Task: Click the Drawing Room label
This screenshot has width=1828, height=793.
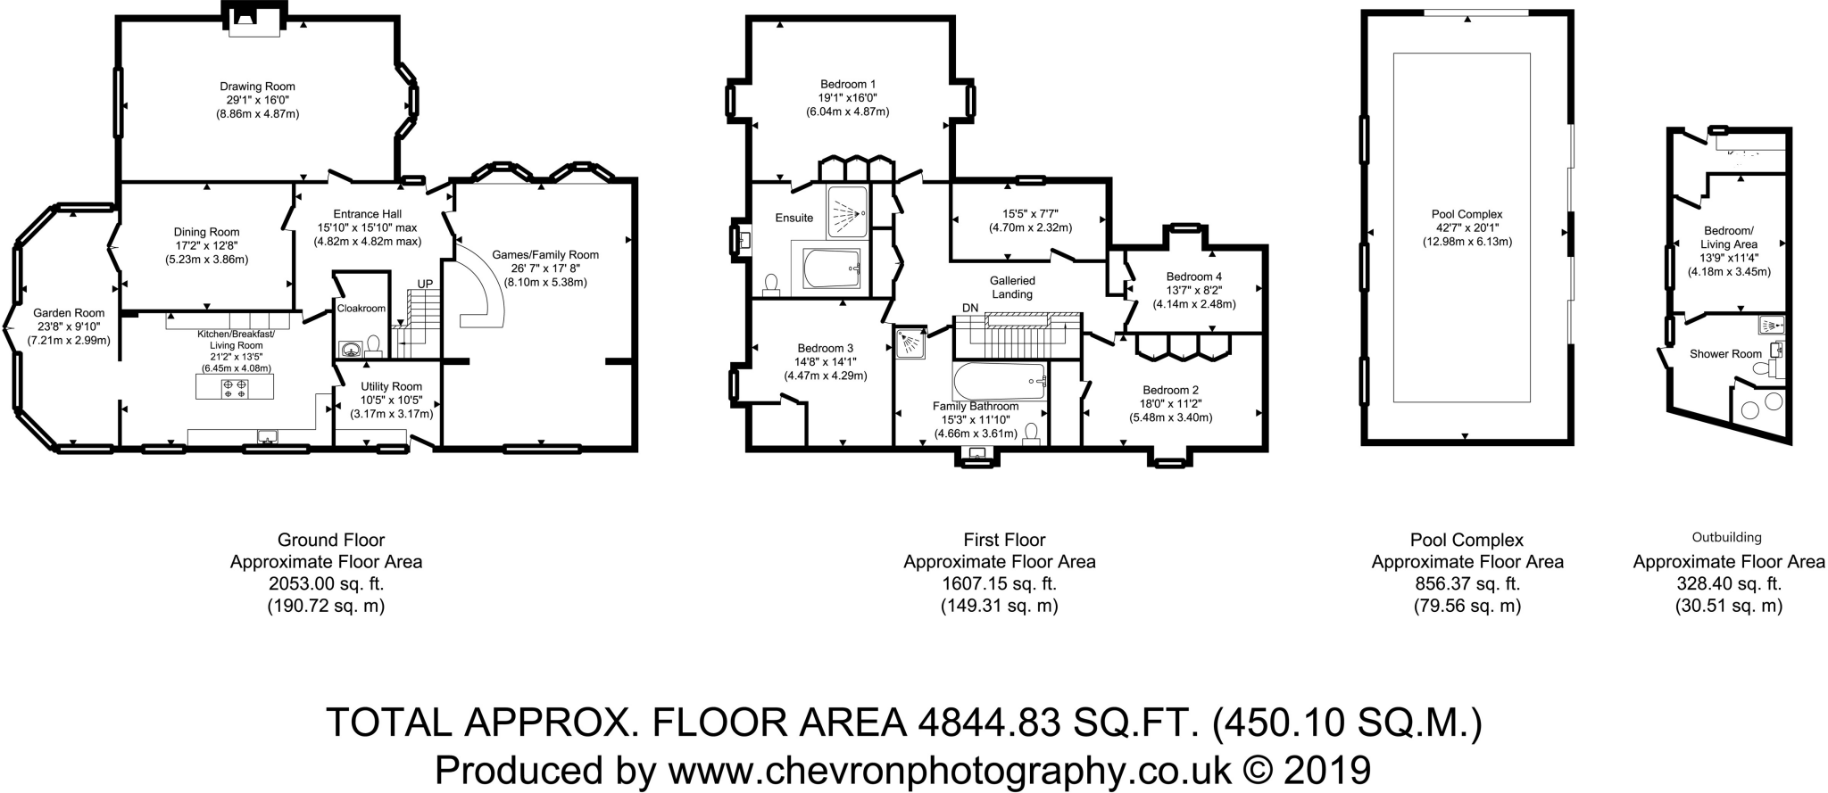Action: coord(257,87)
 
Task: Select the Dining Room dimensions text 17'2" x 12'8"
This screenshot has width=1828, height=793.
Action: coord(206,245)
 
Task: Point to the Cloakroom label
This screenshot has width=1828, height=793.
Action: coord(361,308)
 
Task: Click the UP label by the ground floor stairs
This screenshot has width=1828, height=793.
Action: coord(425,284)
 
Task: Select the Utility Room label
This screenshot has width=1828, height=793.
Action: coord(391,386)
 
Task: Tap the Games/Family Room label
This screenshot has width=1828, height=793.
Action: coord(545,254)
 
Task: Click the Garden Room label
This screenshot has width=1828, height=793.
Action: coord(69,313)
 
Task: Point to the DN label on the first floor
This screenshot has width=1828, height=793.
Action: coord(970,308)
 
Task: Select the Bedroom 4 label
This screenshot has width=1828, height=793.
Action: coord(1193,277)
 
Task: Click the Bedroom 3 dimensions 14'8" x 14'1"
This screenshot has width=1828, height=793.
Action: coord(825,362)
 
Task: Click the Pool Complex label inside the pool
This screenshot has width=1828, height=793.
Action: coord(1467,214)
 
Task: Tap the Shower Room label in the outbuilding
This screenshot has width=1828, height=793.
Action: coord(1724,354)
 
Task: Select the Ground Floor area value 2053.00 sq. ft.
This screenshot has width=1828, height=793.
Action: coord(326,584)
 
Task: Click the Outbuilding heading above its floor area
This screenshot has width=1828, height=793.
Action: coord(1726,538)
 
